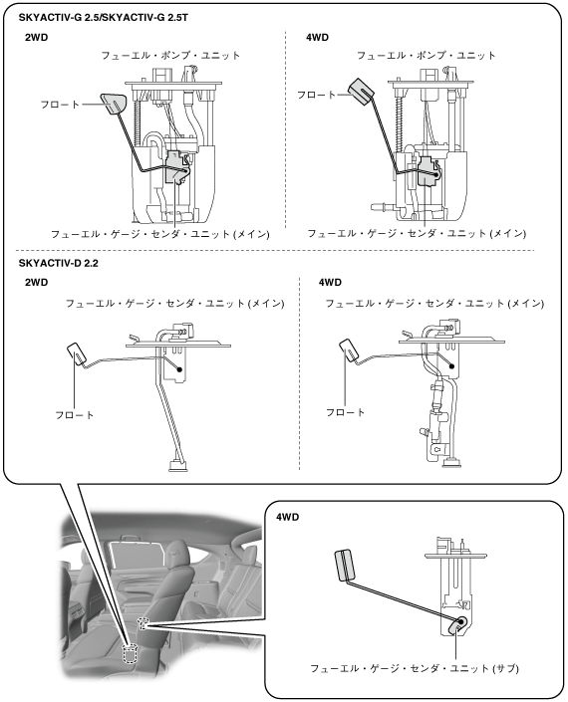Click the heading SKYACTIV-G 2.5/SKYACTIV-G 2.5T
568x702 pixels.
pyautogui.click(x=104, y=18)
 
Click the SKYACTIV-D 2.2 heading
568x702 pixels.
pyautogui.click(x=58, y=263)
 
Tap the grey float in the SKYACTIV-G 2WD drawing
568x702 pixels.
pyautogui.click(x=114, y=104)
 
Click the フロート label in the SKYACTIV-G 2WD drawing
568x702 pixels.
pyautogui.click(x=60, y=105)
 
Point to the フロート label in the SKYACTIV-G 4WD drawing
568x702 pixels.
pyautogui.click(x=316, y=95)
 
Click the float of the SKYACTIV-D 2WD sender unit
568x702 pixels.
pyautogui.click(x=79, y=353)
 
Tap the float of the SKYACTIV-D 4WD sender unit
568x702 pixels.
pyautogui.click(x=350, y=351)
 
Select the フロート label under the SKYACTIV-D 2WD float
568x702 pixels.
pyautogui.click(x=75, y=415)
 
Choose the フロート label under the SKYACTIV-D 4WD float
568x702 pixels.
pyautogui.click(x=346, y=412)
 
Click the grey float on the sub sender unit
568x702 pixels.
pyautogui.click(x=346, y=565)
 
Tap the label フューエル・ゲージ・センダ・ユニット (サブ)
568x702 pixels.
pyautogui.click(x=415, y=668)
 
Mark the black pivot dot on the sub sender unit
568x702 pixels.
pyautogui.click(x=460, y=622)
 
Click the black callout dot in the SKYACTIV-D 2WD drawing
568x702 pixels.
pyautogui.click(x=179, y=369)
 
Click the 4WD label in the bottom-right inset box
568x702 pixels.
pyautogui.click(x=287, y=517)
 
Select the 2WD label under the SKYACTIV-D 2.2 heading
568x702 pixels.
pyautogui.click(x=36, y=282)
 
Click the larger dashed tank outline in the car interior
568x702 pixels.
pyautogui.click(x=130, y=653)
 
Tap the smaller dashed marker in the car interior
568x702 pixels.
pyautogui.click(x=142, y=622)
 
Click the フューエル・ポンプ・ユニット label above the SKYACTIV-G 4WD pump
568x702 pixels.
pyautogui.click(x=426, y=56)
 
